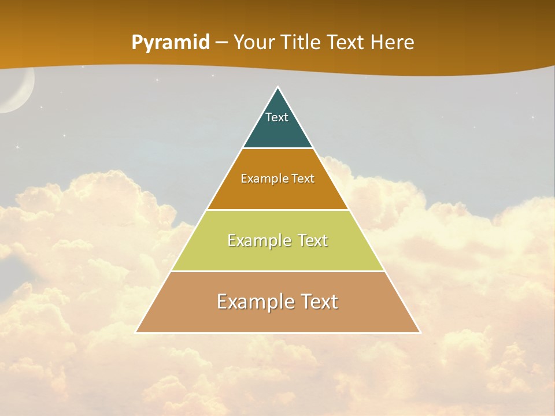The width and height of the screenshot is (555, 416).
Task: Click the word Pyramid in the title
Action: [171, 43]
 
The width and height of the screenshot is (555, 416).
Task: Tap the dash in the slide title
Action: [221, 43]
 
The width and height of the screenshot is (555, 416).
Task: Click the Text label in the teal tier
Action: [277, 117]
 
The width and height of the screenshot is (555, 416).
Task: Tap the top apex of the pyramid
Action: [278, 87]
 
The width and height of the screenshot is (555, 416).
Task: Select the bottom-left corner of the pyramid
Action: [136, 332]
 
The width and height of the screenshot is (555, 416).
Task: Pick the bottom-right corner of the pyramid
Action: [420, 332]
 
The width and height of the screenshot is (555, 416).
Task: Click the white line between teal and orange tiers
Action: [278, 148]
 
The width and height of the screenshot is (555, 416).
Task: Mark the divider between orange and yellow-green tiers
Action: [278, 210]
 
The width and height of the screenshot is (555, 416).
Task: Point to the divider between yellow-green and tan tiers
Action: [278, 271]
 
